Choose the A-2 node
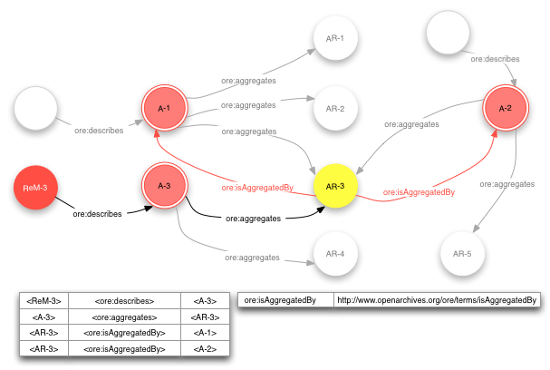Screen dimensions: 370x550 [505, 109]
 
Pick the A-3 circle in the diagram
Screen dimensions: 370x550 [165, 186]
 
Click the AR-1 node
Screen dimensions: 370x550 [335, 38]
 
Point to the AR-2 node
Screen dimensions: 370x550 [335, 108]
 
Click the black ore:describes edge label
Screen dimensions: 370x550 [97, 215]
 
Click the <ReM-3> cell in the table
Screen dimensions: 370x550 [43, 301]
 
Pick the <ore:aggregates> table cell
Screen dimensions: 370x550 [124, 317]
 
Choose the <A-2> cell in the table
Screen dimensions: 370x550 [205, 348]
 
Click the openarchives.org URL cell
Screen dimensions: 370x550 [437, 300]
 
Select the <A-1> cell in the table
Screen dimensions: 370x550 [205, 333]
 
